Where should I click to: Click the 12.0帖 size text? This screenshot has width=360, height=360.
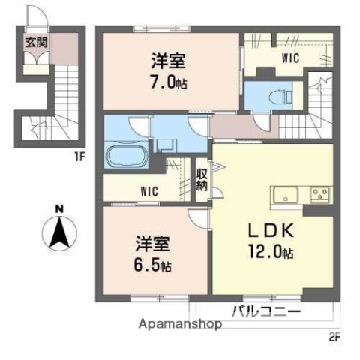(269, 253)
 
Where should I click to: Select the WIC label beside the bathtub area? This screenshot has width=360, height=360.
(148, 190)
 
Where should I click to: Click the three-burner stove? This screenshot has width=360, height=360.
(319, 195)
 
